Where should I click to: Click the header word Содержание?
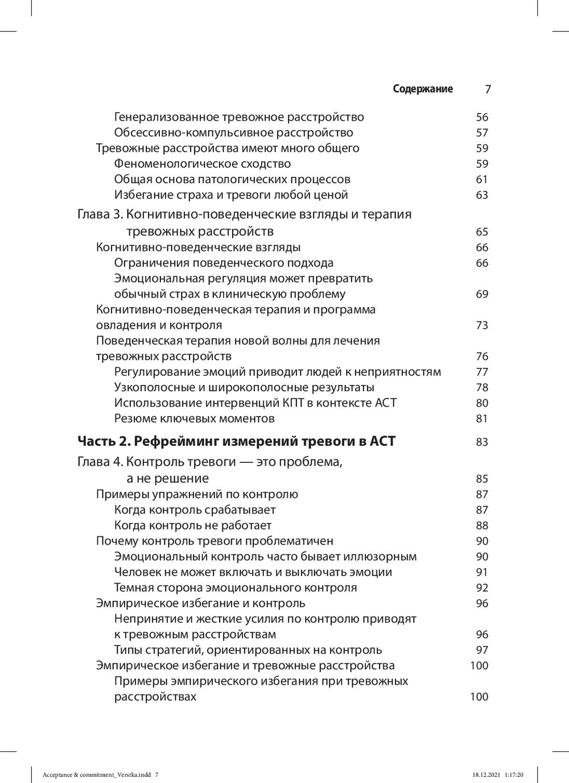[x=423, y=89]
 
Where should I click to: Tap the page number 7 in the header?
[x=488, y=89]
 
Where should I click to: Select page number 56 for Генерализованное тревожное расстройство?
[x=482, y=118]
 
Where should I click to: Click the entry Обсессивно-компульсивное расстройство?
[x=233, y=133]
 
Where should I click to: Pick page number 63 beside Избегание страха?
[x=482, y=195]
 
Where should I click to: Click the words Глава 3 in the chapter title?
[x=98, y=215]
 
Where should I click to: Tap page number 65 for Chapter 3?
[x=482, y=232]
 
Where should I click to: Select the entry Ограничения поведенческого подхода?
[x=224, y=263]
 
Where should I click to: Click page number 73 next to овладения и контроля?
[x=482, y=326]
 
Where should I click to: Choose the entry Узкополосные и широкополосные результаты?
[x=244, y=388]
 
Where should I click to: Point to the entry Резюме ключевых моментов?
[x=195, y=419]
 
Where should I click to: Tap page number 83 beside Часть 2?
[x=482, y=442]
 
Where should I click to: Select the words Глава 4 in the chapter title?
[x=98, y=462]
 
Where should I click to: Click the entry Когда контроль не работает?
[x=193, y=525]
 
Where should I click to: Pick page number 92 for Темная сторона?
[x=482, y=588]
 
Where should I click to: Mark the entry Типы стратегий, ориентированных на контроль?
[x=248, y=650]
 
